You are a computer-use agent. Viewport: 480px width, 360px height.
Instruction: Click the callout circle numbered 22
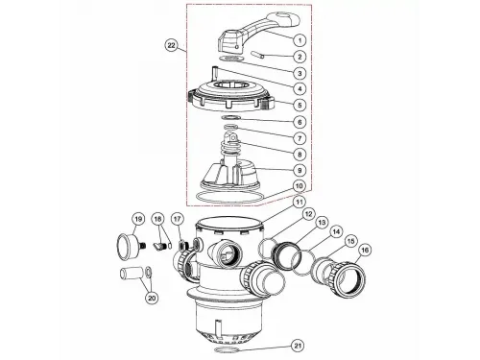pyautogui.click(x=172, y=45)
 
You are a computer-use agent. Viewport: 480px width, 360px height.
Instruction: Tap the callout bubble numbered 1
pyautogui.click(x=300, y=40)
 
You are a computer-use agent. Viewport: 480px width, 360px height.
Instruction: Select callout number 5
pyautogui.click(x=300, y=105)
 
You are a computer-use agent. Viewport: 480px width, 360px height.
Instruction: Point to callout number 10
pyautogui.click(x=300, y=186)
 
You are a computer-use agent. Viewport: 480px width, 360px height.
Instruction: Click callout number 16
pyautogui.click(x=365, y=251)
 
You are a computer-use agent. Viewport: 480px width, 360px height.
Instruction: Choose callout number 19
pyautogui.click(x=138, y=219)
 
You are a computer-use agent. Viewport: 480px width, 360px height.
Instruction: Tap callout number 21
pyautogui.click(x=298, y=346)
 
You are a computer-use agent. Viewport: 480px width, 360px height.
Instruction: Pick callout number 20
pyautogui.click(x=152, y=298)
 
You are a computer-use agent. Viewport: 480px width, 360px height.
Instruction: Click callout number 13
pyautogui.click(x=323, y=222)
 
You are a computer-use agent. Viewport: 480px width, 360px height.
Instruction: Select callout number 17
pyautogui.click(x=178, y=219)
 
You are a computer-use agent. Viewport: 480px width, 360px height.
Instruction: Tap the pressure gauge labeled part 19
pyautogui.click(x=127, y=246)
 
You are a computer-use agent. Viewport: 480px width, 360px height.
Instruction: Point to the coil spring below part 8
pyautogui.click(x=228, y=151)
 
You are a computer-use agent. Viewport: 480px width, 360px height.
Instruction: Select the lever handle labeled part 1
pyautogui.click(x=258, y=32)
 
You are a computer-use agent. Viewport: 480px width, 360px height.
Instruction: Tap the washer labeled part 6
pyautogui.click(x=230, y=117)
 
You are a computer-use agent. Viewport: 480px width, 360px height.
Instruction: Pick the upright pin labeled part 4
pyautogui.click(x=215, y=73)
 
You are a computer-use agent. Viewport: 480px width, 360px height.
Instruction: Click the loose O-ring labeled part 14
pyautogui.click(x=303, y=263)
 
